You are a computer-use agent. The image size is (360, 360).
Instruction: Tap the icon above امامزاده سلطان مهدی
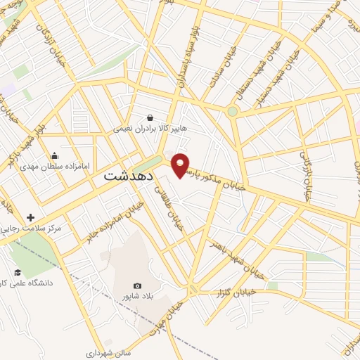pos(54,156)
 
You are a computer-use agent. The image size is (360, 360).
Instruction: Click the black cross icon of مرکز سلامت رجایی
pos(30,217)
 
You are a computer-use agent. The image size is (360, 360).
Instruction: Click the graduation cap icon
pos(18,272)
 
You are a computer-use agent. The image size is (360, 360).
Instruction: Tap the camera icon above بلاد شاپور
pos(137,285)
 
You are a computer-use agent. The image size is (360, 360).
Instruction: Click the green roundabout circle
pos(232,110)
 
